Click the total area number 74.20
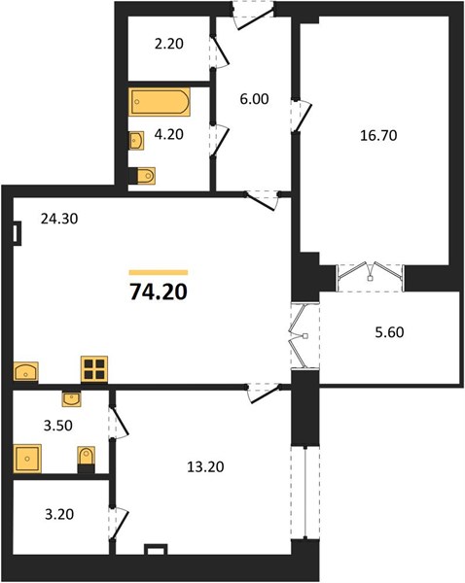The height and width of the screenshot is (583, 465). point(159,291)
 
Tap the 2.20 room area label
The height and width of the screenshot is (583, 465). point(169,44)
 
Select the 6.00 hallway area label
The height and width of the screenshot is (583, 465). point(254,99)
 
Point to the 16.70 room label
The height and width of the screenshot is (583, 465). point(378,135)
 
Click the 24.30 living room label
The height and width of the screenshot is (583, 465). point(59,219)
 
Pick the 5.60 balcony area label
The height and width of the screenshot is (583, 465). point(389,332)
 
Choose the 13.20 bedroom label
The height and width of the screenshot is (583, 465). point(205,466)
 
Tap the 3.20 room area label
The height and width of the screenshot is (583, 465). point(59,515)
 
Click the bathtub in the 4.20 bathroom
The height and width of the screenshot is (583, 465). point(160,101)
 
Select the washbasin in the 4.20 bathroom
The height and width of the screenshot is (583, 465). point(136,140)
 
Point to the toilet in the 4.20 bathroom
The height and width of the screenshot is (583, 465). point(142,176)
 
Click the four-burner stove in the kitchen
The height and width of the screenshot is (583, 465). point(94,369)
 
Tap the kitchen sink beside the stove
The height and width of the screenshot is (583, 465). point(25,371)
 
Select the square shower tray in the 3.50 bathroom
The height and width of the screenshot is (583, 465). point(27,459)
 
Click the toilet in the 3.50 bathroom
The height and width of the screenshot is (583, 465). point(86,460)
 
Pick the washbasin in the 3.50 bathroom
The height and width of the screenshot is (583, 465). point(71,399)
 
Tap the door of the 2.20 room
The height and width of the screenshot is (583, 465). point(220,52)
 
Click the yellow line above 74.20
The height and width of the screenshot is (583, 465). point(159,272)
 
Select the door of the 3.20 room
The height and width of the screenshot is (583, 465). point(119,524)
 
